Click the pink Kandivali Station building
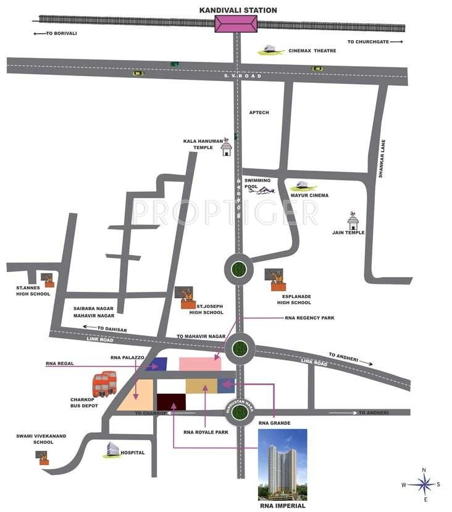[236, 24]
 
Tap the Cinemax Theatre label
[312, 51]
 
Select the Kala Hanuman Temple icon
[227, 147]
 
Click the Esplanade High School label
[294, 300]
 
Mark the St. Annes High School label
[33, 291]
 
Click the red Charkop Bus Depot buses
[105, 384]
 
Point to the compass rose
[424, 484]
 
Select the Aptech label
[259, 113]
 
